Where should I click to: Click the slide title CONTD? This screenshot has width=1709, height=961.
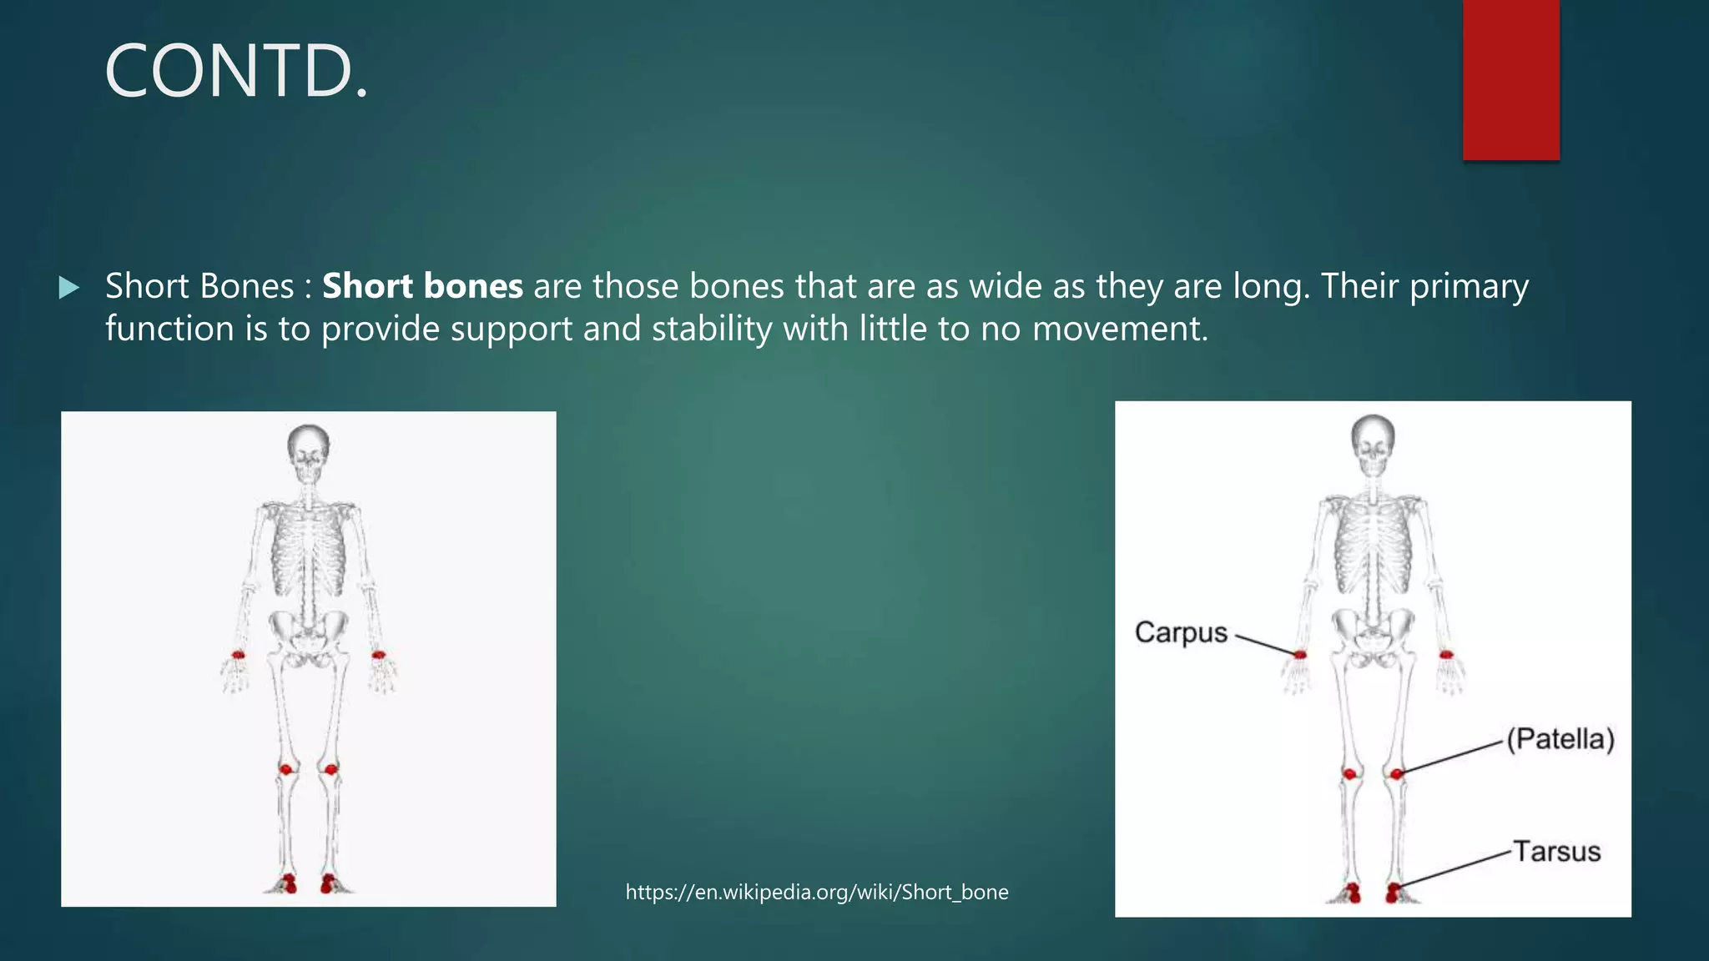tap(236, 72)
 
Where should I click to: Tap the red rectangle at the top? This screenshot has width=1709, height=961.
tap(1510, 79)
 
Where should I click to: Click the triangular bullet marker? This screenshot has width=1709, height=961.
tap(69, 289)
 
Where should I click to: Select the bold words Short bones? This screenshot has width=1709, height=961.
tap(422, 286)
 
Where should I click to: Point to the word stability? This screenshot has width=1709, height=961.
tap(712, 329)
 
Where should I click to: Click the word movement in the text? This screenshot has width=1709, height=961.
tap(1118, 329)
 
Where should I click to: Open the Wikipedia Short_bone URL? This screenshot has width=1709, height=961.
tap(817, 892)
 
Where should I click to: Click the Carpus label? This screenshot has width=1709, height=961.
tap(1181, 632)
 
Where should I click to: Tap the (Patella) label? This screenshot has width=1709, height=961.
tap(1560, 739)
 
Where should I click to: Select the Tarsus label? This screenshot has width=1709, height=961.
tap(1557, 852)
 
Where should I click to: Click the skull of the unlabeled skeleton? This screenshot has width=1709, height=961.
tap(308, 450)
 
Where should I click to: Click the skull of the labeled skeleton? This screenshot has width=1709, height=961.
tap(1373, 442)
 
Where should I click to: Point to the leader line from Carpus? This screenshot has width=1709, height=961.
tap(1264, 645)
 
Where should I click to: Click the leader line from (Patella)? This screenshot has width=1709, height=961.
tap(1452, 757)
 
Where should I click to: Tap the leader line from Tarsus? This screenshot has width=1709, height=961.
tap(1456, 869)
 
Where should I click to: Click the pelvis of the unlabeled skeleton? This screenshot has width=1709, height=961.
tap(309, 634)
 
